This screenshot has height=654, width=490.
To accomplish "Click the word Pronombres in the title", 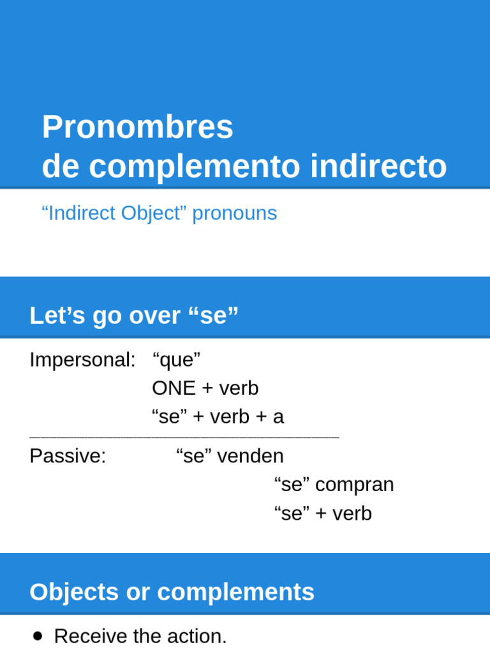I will [137, 127].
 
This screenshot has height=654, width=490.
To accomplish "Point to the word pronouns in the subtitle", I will [234, 213].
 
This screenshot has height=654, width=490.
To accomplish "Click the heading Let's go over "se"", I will [134, 316].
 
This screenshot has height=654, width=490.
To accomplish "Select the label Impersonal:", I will [82, 360].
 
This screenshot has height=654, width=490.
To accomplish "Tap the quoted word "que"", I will [176, 360].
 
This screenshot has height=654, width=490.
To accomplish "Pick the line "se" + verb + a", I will [218, 417].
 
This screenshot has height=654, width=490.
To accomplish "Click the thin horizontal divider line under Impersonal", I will [184, 437].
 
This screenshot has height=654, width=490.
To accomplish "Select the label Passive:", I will [68, 456].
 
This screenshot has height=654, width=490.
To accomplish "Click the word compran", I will [354, 485].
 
